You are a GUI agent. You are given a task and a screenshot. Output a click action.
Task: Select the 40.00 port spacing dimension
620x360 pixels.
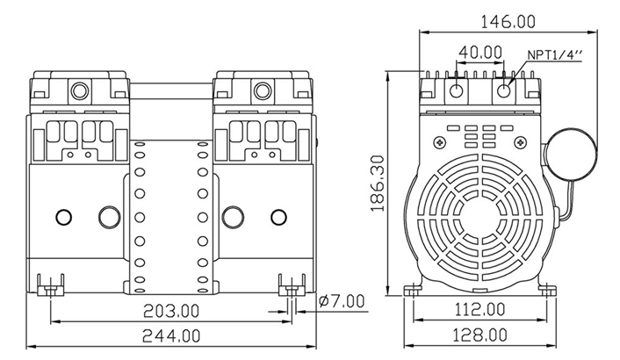click(x=480, y=53)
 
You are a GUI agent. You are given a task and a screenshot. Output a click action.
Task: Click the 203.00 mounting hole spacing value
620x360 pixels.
click(x=172, y=310)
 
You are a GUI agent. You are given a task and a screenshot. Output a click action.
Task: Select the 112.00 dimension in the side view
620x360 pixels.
click(x=479, y=309)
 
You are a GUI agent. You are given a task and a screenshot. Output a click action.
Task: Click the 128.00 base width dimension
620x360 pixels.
click(x=479, y=335)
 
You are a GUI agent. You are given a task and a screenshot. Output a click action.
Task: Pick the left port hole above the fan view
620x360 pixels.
click(x=457, y=90)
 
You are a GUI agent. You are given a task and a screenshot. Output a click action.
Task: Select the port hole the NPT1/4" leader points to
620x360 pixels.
click(x=504, y=90)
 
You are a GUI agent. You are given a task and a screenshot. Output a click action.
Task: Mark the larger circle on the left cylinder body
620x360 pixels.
click(x=108, y=216)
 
